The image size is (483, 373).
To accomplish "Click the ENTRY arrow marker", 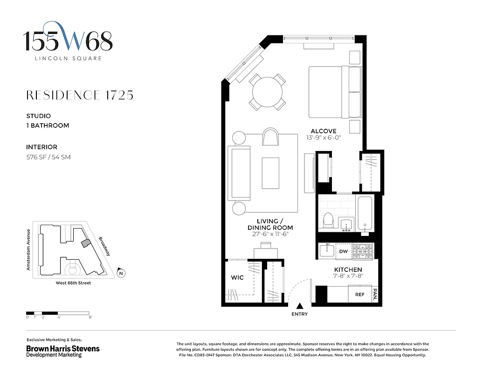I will pyautogui.click(x=300, y=306).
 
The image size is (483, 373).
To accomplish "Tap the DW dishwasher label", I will pyautogui.click(x=344, y=252).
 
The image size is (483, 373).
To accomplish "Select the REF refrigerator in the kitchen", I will pyautogui.click(x=359, y=295).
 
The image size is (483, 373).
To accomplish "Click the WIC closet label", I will pyautogui.click(x=238, y=278).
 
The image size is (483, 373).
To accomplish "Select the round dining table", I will pyautogui.click(x=268, y=91).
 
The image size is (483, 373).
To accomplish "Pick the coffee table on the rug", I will pyautogui.click(x=270, y=173).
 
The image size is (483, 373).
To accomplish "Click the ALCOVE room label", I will pyautogui.click(x=323, y=131).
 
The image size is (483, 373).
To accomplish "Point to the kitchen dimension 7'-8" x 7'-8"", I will pyautogui.click(x=348, y=276).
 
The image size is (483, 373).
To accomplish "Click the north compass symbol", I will pyautogui.click(x=121, y=273).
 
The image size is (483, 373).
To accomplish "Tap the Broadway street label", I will pyautogui.click(x=105, y=246).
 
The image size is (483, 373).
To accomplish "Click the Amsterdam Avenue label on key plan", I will pyautogui.click(x=28, y=250).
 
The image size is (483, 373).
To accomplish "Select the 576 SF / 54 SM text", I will pyautogui.click(x=48, y=157).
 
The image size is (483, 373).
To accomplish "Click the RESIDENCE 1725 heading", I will pyautogui.click(x=80, y=95).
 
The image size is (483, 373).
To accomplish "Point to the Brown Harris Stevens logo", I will pyautogui.click(x=62, y=351).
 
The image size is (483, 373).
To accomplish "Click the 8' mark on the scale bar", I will pyautogui.click(x=90, y=318).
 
